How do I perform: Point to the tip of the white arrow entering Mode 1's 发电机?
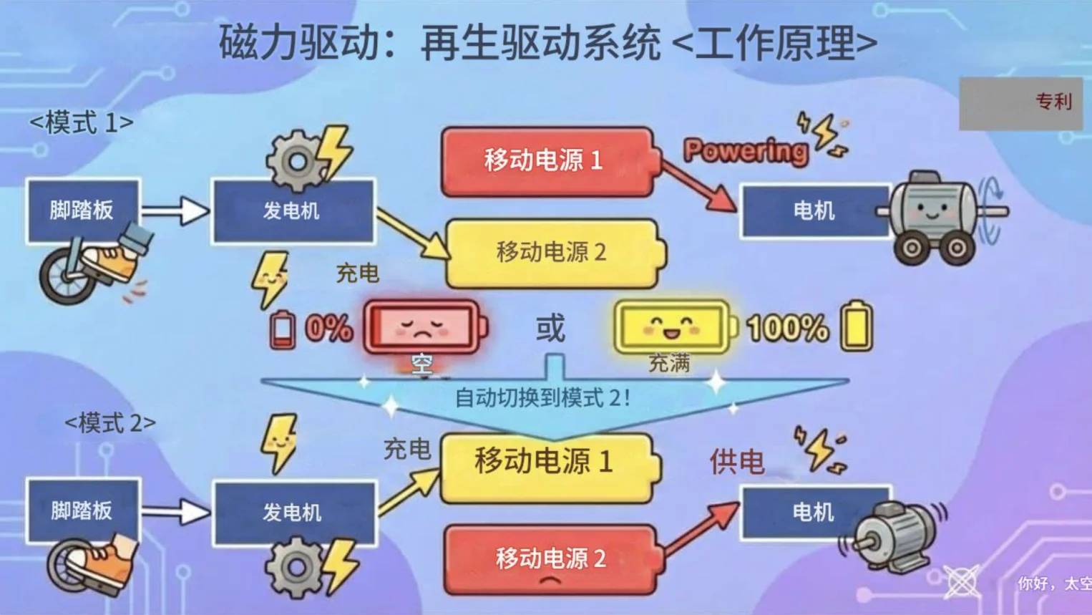(x=209, y=210)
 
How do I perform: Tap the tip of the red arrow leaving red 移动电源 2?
(x=739, y=503)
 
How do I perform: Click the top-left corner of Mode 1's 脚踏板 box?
(x=26, y=180)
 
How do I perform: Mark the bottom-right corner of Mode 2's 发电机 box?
(x=376, y=546)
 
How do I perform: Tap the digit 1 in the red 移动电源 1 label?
(x=596, y=160)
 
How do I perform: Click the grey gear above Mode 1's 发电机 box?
(x=296, y=161)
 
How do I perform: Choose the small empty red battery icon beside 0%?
(x=283, y=329)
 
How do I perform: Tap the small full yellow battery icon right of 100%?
(x=856, y=326)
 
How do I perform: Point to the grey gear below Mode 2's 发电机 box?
(x=294, y=568)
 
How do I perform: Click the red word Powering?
(x=745, y=150)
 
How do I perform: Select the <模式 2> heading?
(x=110, y=423)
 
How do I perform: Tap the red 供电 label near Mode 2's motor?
(x=736, y=461)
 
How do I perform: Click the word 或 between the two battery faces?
(x=550, y=328)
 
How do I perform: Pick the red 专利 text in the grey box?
(x=1054, y=102)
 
